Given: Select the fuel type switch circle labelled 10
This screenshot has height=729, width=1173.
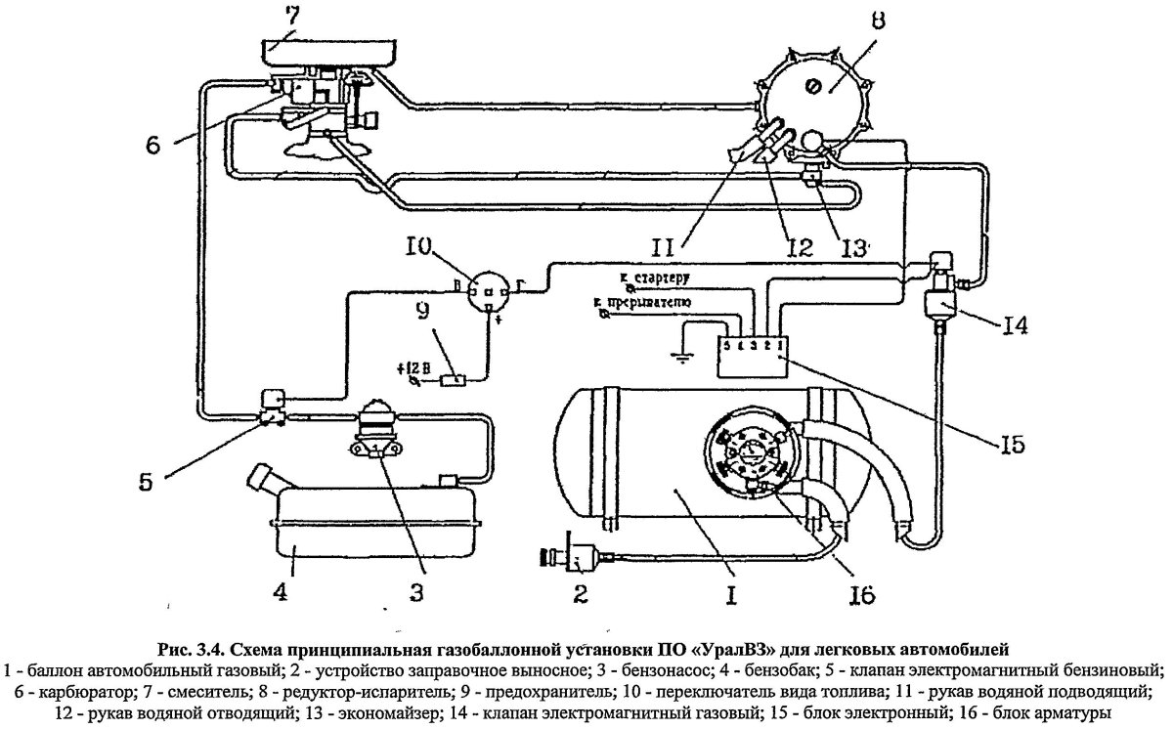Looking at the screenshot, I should pos(487,290).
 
